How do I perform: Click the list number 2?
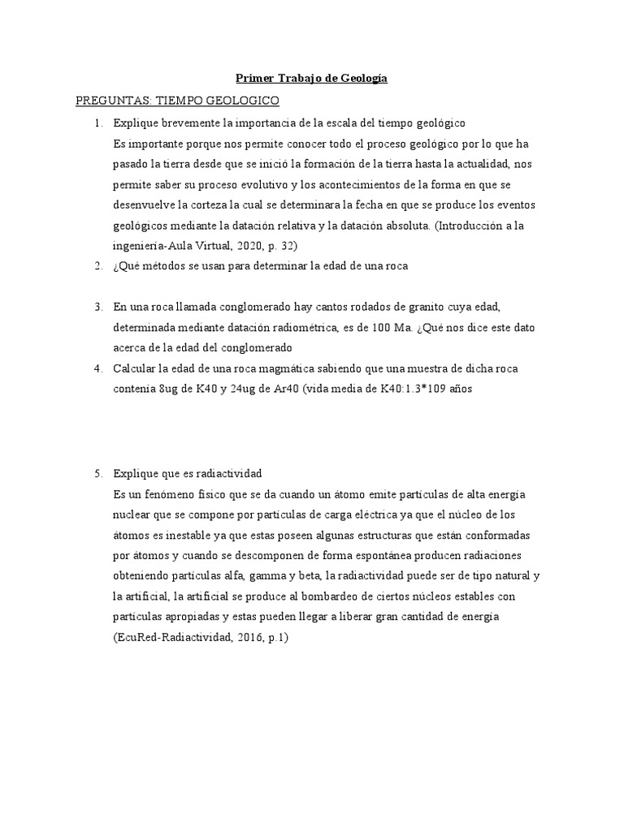97,265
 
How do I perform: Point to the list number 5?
97,472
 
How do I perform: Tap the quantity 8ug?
168,390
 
